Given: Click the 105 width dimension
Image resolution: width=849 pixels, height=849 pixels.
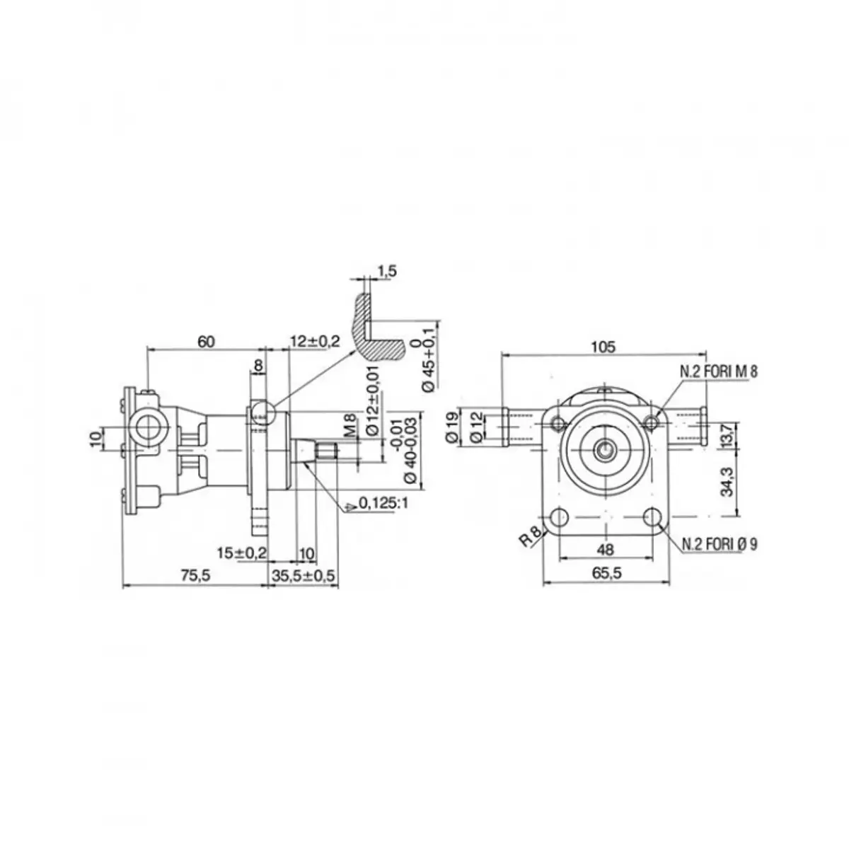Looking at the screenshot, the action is tap(603, 347).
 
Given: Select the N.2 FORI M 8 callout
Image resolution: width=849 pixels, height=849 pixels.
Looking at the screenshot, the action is tap(719, 371).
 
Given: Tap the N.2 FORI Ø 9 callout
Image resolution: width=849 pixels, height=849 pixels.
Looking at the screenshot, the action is tap(720, 545).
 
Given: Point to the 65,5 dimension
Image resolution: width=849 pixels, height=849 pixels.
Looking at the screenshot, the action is tap(606, 573).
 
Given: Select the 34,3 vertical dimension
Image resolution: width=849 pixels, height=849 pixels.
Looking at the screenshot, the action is tap(727, 481).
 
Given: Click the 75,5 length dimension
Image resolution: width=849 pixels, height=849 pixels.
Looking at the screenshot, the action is tap(195, 575).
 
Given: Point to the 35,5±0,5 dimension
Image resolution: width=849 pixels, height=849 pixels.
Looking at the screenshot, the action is tap(303, 575).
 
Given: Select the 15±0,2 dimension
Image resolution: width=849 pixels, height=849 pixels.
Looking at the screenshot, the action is tap(242, 553).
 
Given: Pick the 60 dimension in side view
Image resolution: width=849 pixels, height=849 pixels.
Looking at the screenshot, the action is tap(206, 342).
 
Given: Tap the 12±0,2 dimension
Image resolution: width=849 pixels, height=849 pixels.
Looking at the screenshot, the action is tap(315, 340).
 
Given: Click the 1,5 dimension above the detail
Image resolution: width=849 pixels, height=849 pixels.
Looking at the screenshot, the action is tap(387, 271).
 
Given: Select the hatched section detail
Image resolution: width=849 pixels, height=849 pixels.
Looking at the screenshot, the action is tap(374, 328).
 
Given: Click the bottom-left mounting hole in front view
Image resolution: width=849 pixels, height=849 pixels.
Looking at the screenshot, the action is tap(560, 517).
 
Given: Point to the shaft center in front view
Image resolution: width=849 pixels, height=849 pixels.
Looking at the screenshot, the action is tap(606, 450).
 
